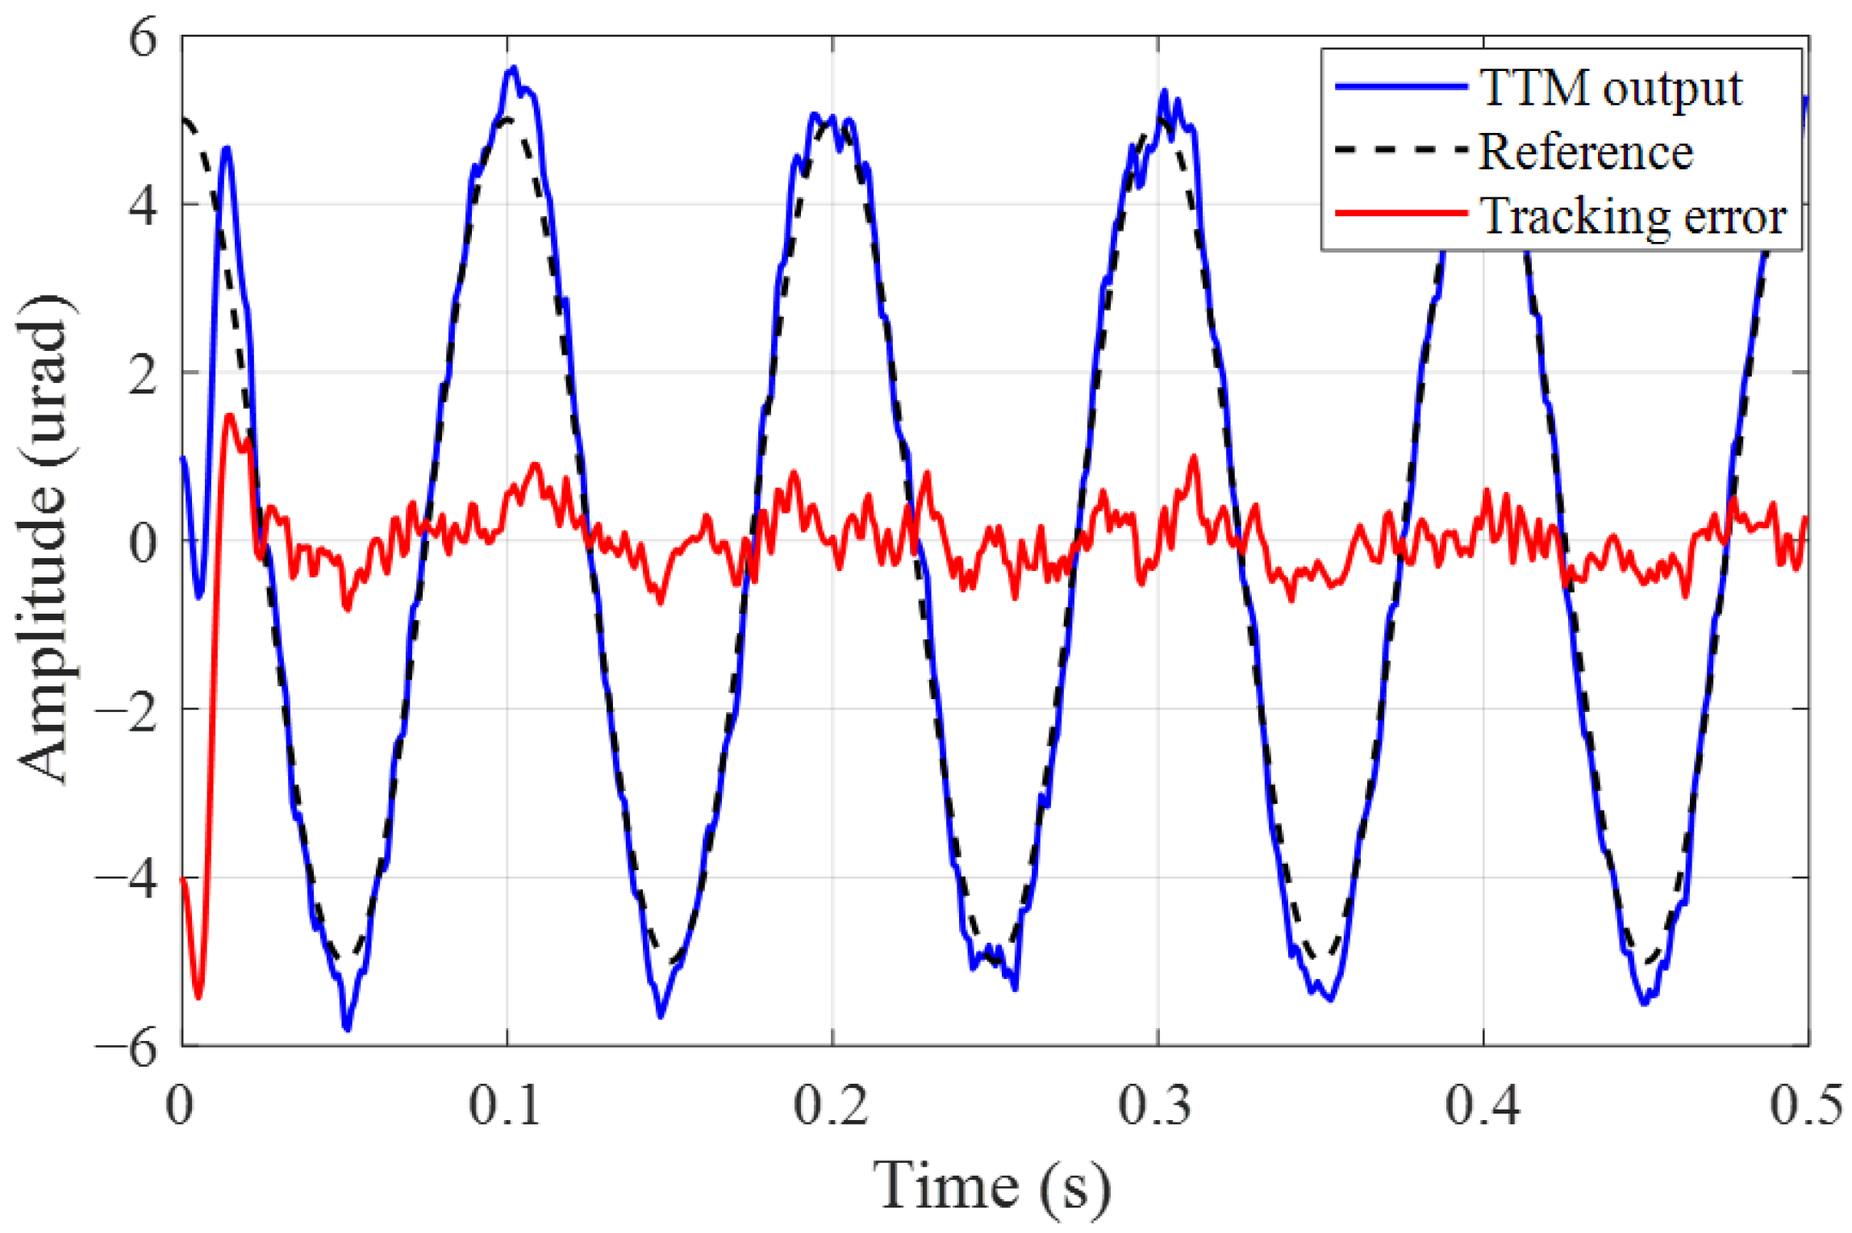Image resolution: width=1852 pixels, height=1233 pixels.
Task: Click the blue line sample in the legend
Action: coord(1400,85)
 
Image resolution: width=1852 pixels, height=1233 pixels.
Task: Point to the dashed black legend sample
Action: coord(1400,150)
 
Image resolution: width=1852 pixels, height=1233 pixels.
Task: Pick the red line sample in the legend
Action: coord(1400,214)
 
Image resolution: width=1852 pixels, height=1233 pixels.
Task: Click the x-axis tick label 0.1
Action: coord(506,1105)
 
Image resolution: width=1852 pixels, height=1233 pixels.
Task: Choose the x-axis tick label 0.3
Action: coord(1155,1105)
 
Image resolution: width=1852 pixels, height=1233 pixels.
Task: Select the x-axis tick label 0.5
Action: coord(1807,1105)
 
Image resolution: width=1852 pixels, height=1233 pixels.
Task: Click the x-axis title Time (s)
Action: coord(992,1185)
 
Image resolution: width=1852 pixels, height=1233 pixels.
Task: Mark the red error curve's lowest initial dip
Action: coord(198,998)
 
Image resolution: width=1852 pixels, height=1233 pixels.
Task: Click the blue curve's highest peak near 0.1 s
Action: coord(513,68)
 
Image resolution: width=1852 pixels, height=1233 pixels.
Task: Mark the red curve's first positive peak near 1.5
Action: coord(230,415)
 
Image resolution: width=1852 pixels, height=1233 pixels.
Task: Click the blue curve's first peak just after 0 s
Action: coord(227,148)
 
